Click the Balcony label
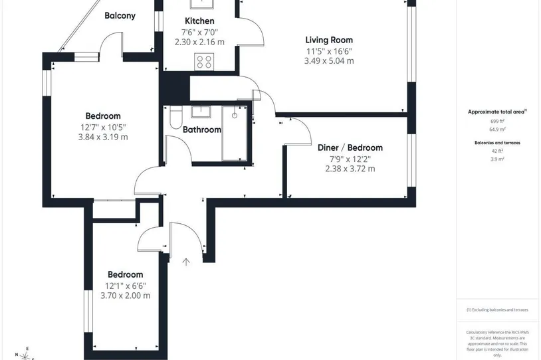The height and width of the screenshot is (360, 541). (120, 15)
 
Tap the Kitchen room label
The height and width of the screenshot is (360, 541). (199, 21)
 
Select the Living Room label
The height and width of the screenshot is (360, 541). (329, 40)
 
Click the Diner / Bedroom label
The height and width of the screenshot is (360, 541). (350, 147)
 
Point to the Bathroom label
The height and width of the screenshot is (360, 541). (202, 130)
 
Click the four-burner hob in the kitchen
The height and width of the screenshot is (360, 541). (204, 62)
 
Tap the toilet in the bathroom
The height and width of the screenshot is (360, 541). (176, 118)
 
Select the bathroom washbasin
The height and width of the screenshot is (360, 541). (201, 112)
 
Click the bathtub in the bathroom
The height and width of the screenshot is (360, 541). (235, 134)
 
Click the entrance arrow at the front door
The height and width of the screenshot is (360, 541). (186, 262)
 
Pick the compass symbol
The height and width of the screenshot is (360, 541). (25, 355)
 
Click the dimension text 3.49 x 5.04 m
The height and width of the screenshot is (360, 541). (329, 61)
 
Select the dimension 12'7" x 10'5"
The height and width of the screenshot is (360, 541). (103, 128)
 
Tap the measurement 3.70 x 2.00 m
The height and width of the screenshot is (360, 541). (125, 296)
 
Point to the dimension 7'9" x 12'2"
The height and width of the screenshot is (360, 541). (350, 159)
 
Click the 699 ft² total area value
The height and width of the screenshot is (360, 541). (497, 121)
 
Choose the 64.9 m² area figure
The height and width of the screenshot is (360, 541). (498, 130)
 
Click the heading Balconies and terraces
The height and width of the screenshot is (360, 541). (497, 143)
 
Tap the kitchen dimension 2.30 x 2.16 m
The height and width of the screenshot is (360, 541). (199, 42)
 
